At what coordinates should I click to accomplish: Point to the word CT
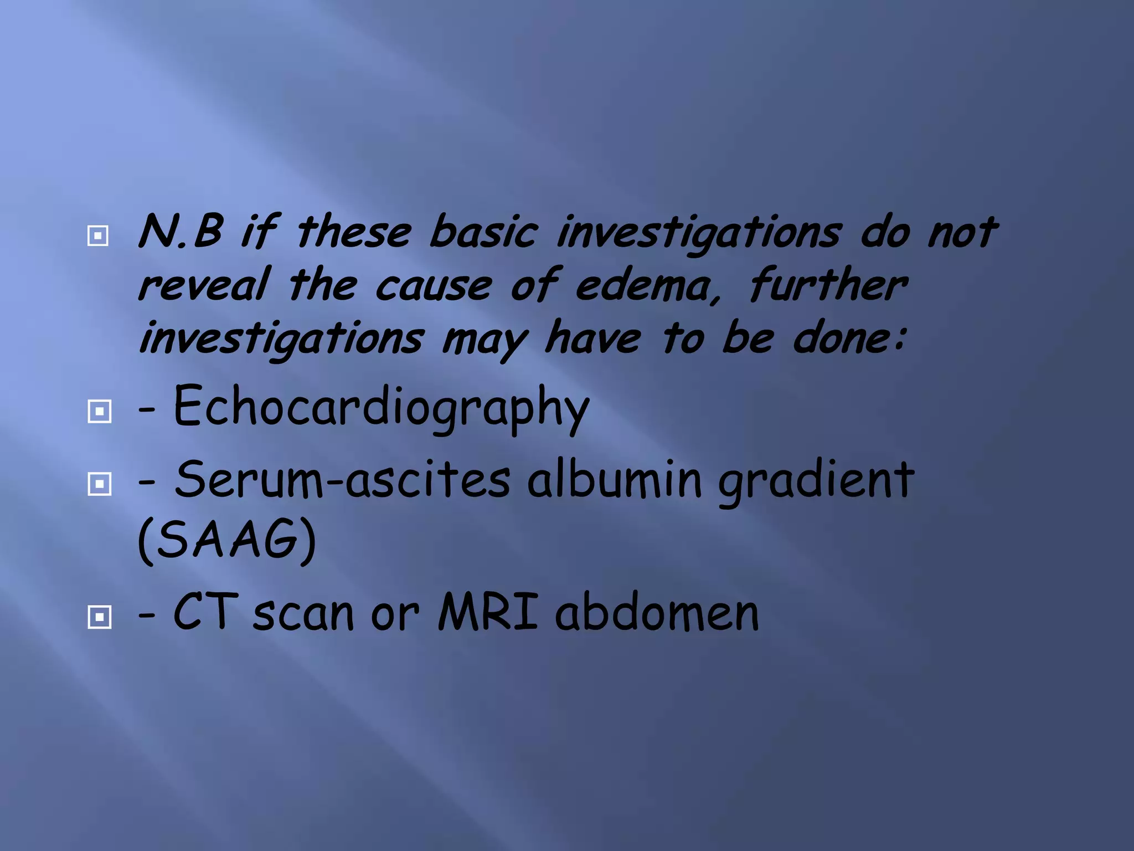click(205, 612)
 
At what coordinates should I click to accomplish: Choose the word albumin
click(615, 479)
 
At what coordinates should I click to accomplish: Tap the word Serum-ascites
click(342, 479)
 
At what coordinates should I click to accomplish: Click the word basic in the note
click(483, 232)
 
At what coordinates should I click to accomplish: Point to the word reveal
click(204, 285)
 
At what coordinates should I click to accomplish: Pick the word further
click(828, 285)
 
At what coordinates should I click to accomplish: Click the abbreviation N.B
click(181, 232)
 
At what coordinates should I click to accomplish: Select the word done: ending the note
click(850, 339)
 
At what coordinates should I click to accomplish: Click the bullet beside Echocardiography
click(100, 411)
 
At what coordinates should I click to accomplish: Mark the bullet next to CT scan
click(100, 617)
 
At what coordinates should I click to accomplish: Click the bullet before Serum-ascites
click(100, 484)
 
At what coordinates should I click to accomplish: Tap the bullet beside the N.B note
click(98, 236)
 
